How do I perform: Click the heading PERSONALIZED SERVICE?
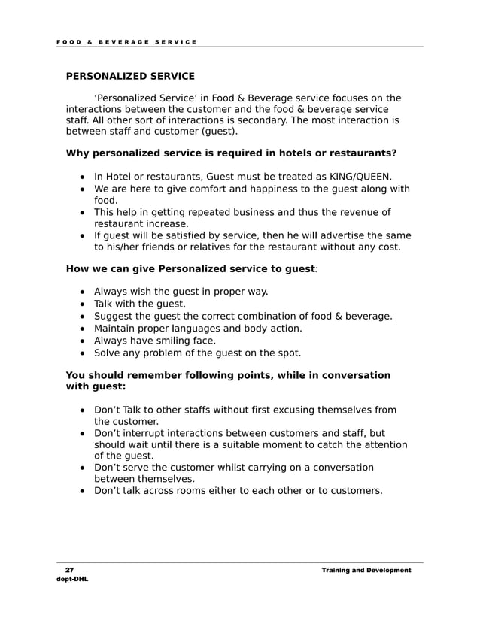(130, 76)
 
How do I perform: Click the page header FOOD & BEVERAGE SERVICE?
(126, 41)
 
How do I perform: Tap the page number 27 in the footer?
(68, 570)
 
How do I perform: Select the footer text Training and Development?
(366, 570)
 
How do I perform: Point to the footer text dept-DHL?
(72, 580)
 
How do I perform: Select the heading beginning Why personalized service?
(231, 153)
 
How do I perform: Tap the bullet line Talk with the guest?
(139, 304)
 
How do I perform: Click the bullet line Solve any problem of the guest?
(197, 352)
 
